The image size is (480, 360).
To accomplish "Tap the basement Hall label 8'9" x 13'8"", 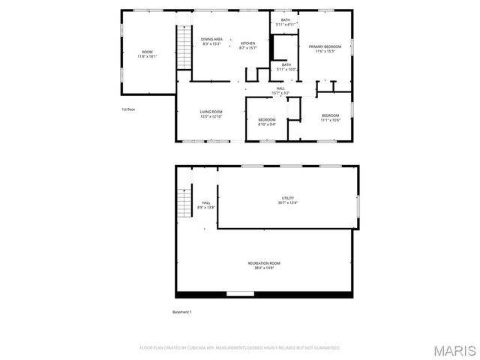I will click(205, 205).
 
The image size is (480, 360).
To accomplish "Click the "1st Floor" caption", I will click(128, 109).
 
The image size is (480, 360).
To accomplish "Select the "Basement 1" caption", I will click(182, 312).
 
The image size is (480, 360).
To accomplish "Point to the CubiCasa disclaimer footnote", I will click(240, 348).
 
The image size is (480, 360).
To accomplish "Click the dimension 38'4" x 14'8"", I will click(265, 268).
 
